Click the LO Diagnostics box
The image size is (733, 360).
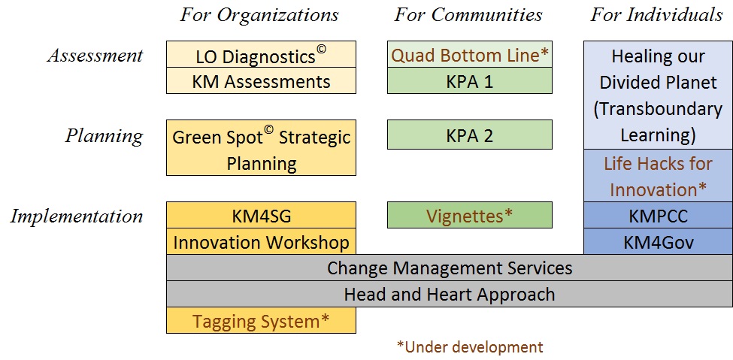pyautogui.click(x=261, y=54)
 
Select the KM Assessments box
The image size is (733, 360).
pyautogui.click(x=261, y=80)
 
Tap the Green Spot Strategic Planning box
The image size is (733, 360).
pyautogui.click(x=261, y=148)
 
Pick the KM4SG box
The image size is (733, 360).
pyautogui.click(x=261, y=216)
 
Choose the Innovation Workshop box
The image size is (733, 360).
pyautogui.click(x=261, y=242)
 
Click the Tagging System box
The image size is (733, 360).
pyautogui.click(x=261, y=320)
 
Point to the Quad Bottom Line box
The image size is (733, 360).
pyautogui.click(x=470, y=54)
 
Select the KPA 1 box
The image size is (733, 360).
pyautogui.click(x=470, y=80)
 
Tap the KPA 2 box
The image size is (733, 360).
pyautogui.click(x=470, y=135)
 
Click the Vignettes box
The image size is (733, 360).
pyautogui.click(x=470, y=215)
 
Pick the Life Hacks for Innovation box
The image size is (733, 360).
pyautogui.click(x=659, y=176)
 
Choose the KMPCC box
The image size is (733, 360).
pyautogui.click(x=659, y=216)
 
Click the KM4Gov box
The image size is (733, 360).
pyautogui.click(x=659, y=242)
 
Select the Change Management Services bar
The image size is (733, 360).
pyautogui.click(x=450, y=268)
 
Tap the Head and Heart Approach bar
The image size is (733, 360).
pyautogui.click(x=450, y=294)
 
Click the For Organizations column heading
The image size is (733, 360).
pyautogui.click(x=259, y=15)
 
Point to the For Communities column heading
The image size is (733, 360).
pyautogui.click(x=468, y=15)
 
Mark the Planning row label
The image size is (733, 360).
pyautogui.click(x=104, y=136)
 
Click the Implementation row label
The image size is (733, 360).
pyautogui.click(x=77, y=216)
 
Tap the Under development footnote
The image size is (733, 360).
pyautogui.click(x=470, y=347)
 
